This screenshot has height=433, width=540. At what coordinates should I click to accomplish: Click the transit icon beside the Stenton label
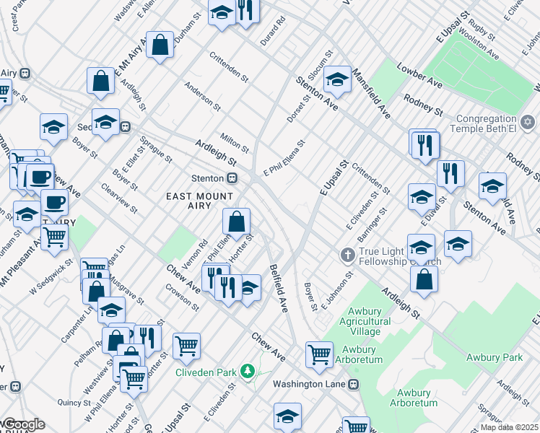232,178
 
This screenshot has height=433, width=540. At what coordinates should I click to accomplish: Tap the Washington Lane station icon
353,385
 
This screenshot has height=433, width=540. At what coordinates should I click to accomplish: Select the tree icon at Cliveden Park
248,372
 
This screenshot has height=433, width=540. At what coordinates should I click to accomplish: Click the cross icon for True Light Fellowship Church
347,255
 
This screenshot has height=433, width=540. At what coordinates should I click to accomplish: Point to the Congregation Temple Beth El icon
528,122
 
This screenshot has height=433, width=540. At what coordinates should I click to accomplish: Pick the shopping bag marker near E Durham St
160,45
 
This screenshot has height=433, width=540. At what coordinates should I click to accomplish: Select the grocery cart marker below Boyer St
319,354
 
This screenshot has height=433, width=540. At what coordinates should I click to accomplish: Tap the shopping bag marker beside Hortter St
236,221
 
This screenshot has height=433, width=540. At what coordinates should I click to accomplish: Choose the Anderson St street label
202,97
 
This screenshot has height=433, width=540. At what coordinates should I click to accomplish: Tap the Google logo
23,424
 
